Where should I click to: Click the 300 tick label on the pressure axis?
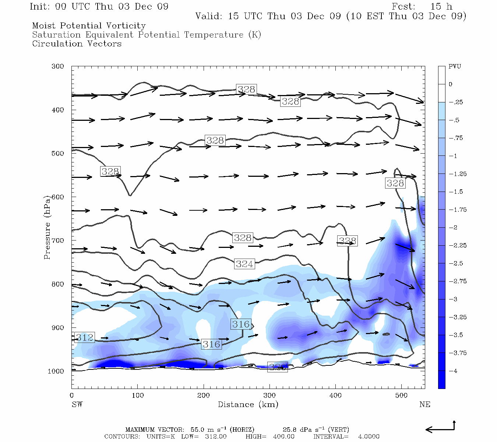[58, 67]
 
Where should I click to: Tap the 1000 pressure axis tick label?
[56, 371]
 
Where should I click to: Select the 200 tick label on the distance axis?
[204, 396]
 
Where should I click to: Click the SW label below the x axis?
[77, 404]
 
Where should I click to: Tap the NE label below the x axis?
[424, 404]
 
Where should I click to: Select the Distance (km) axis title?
[248, 404]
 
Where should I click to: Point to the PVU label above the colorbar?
[455, 67]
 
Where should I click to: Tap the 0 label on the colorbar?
[451, 84]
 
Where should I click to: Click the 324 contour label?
[244, 264]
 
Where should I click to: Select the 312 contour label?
[85, 337]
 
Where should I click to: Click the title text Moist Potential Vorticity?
[89, 26]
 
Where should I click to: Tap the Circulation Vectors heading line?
[77, 44]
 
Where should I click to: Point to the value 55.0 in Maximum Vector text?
[198, 430]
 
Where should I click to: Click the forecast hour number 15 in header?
[436, 7]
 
